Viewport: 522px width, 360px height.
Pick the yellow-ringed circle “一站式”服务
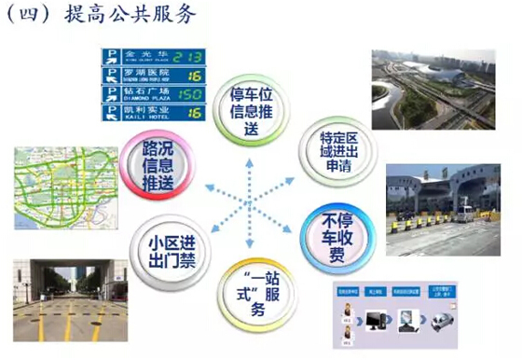(254, 292)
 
